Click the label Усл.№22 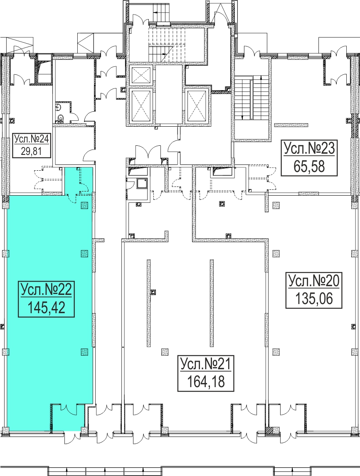(x=46, y=290)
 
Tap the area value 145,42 (x=46, y=308)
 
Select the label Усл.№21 (x=206, y=364)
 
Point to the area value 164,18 (x=206, y=382)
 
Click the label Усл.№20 (x=314, y=281)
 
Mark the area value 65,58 (x=309, y=167)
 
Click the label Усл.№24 (x=31, y=139)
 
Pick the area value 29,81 (x=31, y=151)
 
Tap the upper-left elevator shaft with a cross (x=141, y=75)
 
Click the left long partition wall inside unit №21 (x=148, y=303)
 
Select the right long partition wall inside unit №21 (x=212, y=303)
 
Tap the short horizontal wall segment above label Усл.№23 (x=291, y=125)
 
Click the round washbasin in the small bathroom (x=58, y=107)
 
